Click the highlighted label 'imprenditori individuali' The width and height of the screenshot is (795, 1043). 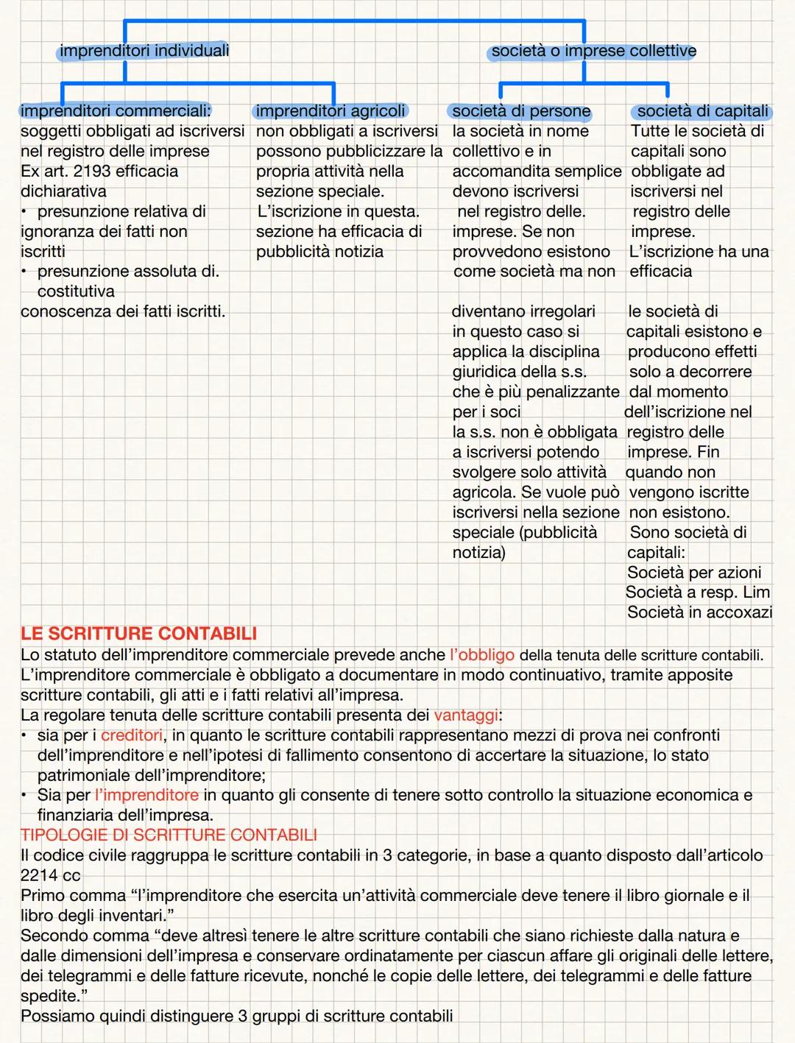pos(144,51)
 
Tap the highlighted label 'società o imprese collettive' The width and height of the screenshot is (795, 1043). pos(593,52)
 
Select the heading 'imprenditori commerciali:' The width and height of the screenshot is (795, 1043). pos(116,111)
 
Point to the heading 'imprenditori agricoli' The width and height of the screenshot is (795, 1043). pos(331,111)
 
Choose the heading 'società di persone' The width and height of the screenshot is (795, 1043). pos(521,112)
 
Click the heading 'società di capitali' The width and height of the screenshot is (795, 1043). pos(702,111)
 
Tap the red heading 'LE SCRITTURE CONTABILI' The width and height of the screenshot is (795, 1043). pos(138,634)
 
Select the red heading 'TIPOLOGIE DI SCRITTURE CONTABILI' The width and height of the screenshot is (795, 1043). pos(169,835)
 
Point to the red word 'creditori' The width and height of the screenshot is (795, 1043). pos(132,735)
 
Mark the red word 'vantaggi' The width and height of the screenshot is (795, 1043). pos(465,715)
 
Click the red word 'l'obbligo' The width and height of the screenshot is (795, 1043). pos(481,655)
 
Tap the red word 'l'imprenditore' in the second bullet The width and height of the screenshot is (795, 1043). pos(146,796)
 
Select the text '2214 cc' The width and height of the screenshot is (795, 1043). pos(50,876)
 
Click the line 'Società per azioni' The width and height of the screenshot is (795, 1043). pos(693,573)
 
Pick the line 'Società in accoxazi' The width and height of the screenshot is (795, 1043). pos(699,612)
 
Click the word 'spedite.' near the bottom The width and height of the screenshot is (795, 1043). pos(50,997)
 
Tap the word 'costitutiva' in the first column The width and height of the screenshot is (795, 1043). pos(76,291)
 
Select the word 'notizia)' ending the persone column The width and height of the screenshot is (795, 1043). pos(478,553)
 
